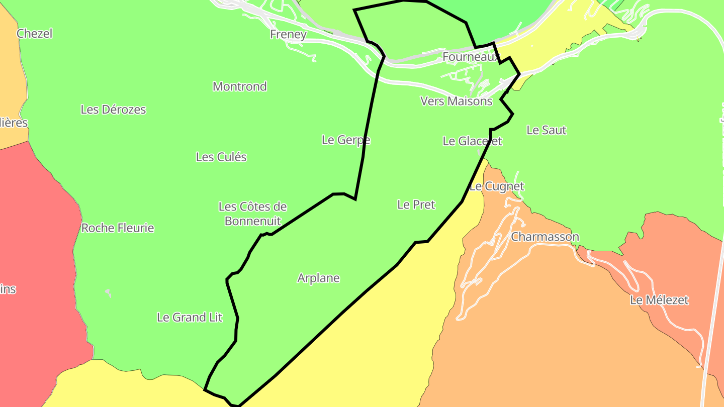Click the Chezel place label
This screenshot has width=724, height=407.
(x=34, y=34)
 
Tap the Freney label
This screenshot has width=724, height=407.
(x=288, y=34)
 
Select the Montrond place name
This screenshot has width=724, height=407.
(x=240, y=86)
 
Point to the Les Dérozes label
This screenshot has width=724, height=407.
(x=113, y=110)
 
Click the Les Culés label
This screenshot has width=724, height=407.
(x=221, y=157)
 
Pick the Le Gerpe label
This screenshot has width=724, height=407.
(x=346, y=140)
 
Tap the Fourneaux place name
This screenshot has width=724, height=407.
(x=471, y=57)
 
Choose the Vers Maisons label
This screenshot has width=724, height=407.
(x=456, y=101)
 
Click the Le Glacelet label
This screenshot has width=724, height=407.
(x=472, y=141)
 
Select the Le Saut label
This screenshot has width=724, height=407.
(x=547, y=130)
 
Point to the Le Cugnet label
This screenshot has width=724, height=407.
(x=497, y=186)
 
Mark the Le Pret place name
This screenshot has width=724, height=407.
(x=416, y=205)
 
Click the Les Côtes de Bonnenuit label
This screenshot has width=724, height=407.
(x=252, y=214)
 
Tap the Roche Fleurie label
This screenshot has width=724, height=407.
(x=118, y=228)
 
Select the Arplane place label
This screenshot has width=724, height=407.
(x=318, y=278)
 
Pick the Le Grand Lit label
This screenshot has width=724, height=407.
(x=190, y=318)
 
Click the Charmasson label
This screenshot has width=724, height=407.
(x=545, y=237)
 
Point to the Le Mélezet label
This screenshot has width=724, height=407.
(x=659, y=300)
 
